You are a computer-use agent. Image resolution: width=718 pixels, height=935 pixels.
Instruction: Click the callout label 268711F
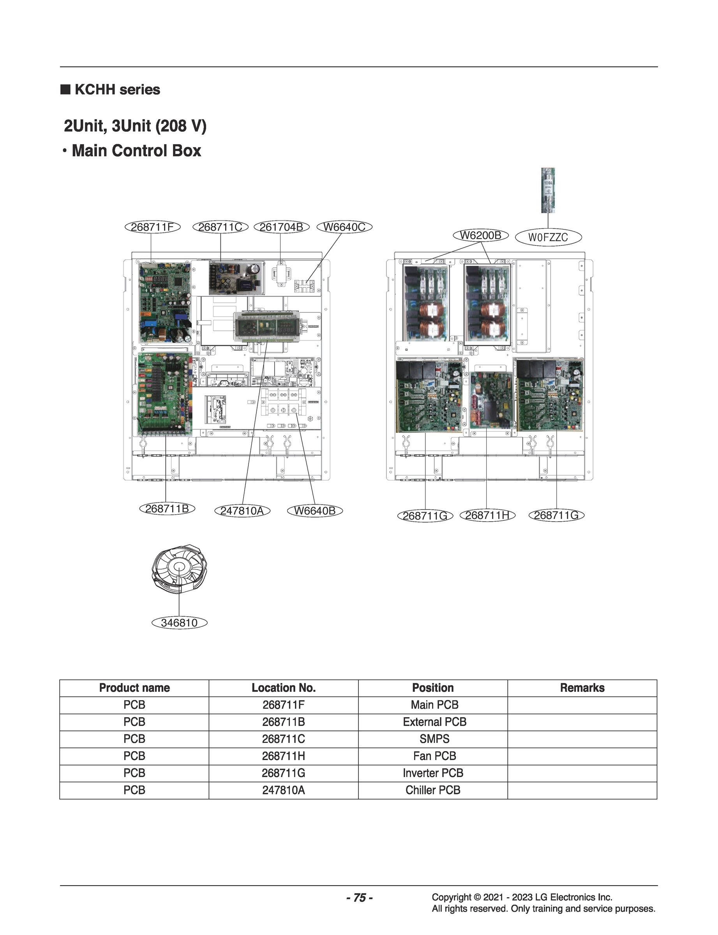tap(152, 227)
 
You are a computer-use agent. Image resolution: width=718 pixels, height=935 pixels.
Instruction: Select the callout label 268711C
tap(220, 227)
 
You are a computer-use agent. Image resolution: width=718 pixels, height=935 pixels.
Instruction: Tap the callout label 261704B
tap(281, 227)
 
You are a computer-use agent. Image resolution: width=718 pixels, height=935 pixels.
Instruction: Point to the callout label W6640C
tap(344, 227)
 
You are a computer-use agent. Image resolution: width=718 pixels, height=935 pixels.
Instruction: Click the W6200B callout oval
tap(480, 235)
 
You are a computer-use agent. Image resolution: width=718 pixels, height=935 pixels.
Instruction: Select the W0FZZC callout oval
tap(548, 237)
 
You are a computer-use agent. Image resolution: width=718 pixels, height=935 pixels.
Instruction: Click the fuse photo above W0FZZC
tap(547, 191)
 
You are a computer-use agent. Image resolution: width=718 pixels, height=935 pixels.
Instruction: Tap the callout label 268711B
tap(167, 508)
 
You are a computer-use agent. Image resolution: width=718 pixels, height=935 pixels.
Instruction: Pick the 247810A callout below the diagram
tap(242, 511)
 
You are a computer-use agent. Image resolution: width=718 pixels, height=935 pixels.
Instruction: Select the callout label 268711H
tap(487, 515)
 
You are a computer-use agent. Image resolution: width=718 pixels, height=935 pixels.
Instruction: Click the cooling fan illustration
tap(179, 568)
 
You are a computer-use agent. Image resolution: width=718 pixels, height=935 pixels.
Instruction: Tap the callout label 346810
tap(179, 623)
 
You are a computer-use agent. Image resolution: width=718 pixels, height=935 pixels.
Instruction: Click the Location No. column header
tap(283, 688)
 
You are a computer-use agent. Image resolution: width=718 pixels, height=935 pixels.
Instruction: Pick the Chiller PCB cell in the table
tap(432, 790)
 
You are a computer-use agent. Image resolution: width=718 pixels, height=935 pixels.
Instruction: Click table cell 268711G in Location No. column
tap(283, 773)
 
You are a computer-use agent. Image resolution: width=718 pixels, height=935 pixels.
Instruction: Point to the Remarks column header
tap(582, 688)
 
